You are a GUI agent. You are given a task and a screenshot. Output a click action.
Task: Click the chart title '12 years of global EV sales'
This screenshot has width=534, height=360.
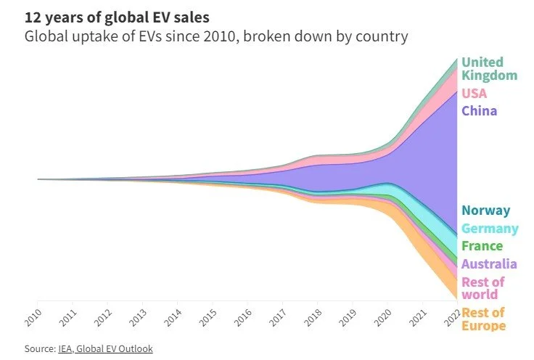tap(113, 16)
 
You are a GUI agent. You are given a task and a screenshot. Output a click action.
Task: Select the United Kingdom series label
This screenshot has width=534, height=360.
tap(489, 69)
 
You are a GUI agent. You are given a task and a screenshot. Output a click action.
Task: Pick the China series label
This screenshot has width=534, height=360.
tap(479, 111)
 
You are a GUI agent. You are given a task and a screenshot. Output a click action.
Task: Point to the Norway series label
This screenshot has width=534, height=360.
tap(485, 211)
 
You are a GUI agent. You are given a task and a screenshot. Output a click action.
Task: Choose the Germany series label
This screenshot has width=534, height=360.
tap(490, 229)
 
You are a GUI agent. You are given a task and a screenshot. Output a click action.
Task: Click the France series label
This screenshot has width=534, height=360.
tap(482, 246)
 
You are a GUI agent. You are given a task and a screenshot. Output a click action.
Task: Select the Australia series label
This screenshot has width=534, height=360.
tap(489, 264)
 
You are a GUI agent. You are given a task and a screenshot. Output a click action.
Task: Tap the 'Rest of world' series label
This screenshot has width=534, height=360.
tap(482, 287)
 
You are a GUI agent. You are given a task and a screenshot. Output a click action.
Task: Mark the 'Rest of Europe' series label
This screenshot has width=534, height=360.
tap(483, 319)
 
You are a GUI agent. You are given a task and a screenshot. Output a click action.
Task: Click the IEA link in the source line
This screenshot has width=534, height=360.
tap(66, 349)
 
